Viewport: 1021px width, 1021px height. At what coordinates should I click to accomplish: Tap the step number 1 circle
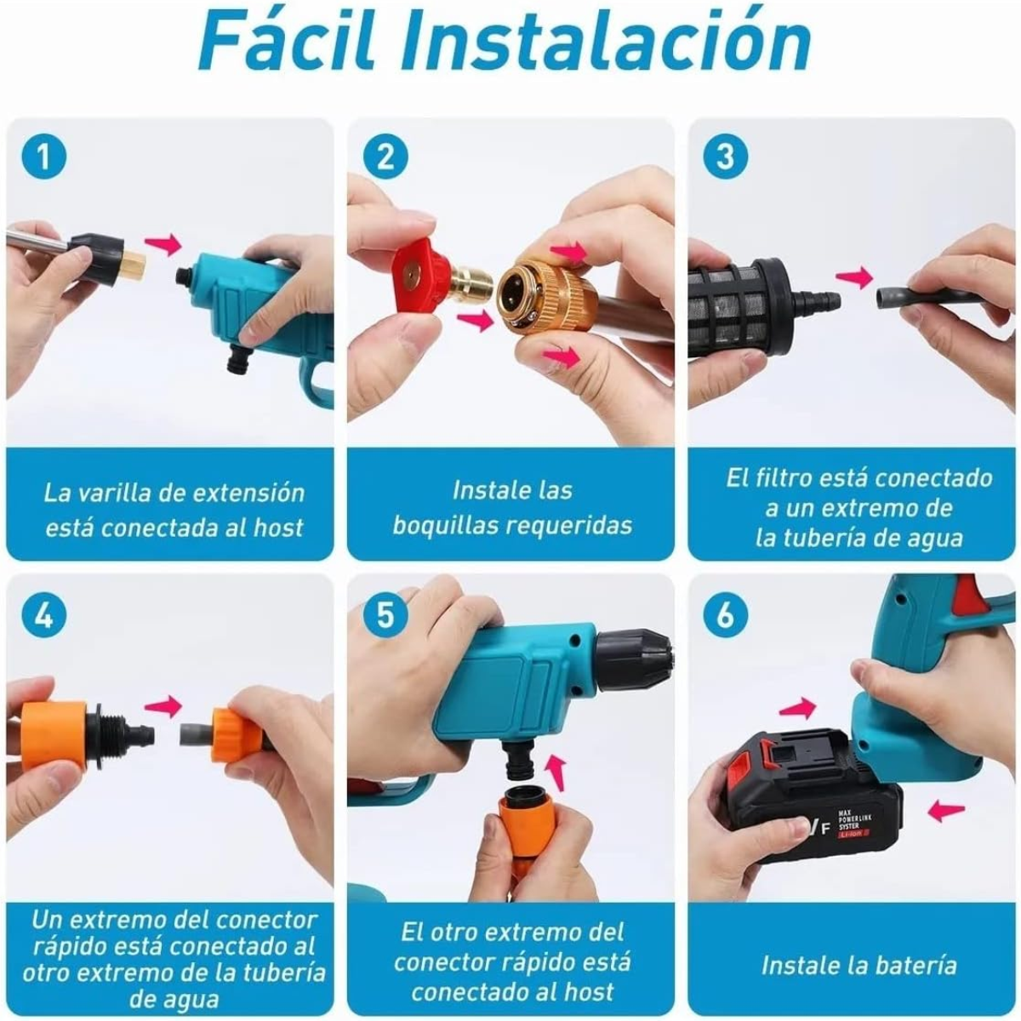pyautogui.click(x=44, y=157)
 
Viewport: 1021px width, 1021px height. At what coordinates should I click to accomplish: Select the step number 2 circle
pyautogui.click(x=385, y=157)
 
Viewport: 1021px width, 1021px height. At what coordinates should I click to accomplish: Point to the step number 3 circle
pyautogui.click(x=724, y=157)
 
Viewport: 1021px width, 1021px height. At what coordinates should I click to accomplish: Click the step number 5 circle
pyautogui.click(x=385, y=614)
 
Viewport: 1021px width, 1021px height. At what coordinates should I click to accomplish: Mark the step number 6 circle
pyautogui.click(x=724, y=614)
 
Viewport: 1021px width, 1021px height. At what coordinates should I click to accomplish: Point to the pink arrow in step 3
pyautogui.click(x=853, y=277)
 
